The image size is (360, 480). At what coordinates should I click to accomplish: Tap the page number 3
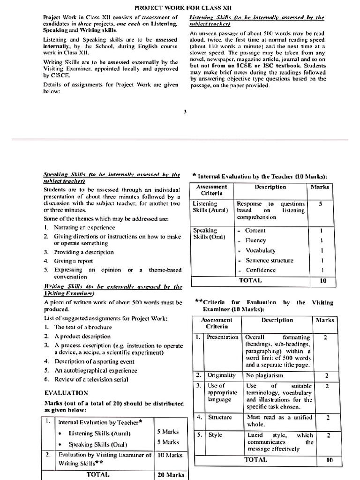185,111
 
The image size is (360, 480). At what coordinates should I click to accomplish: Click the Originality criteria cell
222,375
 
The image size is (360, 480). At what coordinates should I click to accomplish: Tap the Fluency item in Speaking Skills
255,240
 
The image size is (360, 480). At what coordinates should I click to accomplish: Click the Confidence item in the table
261,270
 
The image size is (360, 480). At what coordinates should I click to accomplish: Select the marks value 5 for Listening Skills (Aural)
321,204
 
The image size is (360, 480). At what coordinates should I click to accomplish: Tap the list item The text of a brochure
83,327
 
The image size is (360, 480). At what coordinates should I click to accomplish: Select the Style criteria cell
215,435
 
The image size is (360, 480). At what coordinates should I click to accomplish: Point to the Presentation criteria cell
223,337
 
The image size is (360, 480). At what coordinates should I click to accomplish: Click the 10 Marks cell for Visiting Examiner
170,455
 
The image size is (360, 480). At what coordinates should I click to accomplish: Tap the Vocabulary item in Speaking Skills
260,250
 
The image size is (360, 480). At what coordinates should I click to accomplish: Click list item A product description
82,336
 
